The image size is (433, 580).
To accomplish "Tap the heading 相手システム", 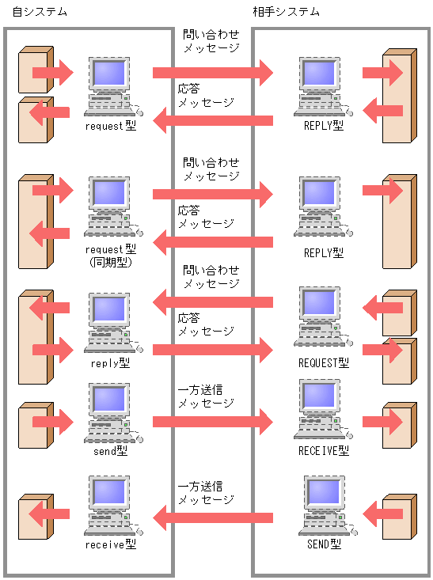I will click(x=292, y=13).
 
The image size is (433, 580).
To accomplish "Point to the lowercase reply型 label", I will click(x=110, y=363).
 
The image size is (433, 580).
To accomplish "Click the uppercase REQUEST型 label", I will click(x=324, y=363).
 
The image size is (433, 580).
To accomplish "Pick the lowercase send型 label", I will click(x=110, y=450).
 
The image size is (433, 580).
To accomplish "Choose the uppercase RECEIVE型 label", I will click(x=324, y=450).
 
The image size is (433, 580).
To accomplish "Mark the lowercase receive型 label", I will click(x=110, y=545).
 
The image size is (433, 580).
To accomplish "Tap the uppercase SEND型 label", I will click(x=324, y=545).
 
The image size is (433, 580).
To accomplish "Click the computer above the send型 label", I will click(x=110, y=412).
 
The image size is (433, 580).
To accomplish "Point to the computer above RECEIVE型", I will click(x=324, y=411).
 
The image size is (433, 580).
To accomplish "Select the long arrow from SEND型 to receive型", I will click(x=212, y=519).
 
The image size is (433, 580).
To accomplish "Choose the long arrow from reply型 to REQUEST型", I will click(x=212, y=349).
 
